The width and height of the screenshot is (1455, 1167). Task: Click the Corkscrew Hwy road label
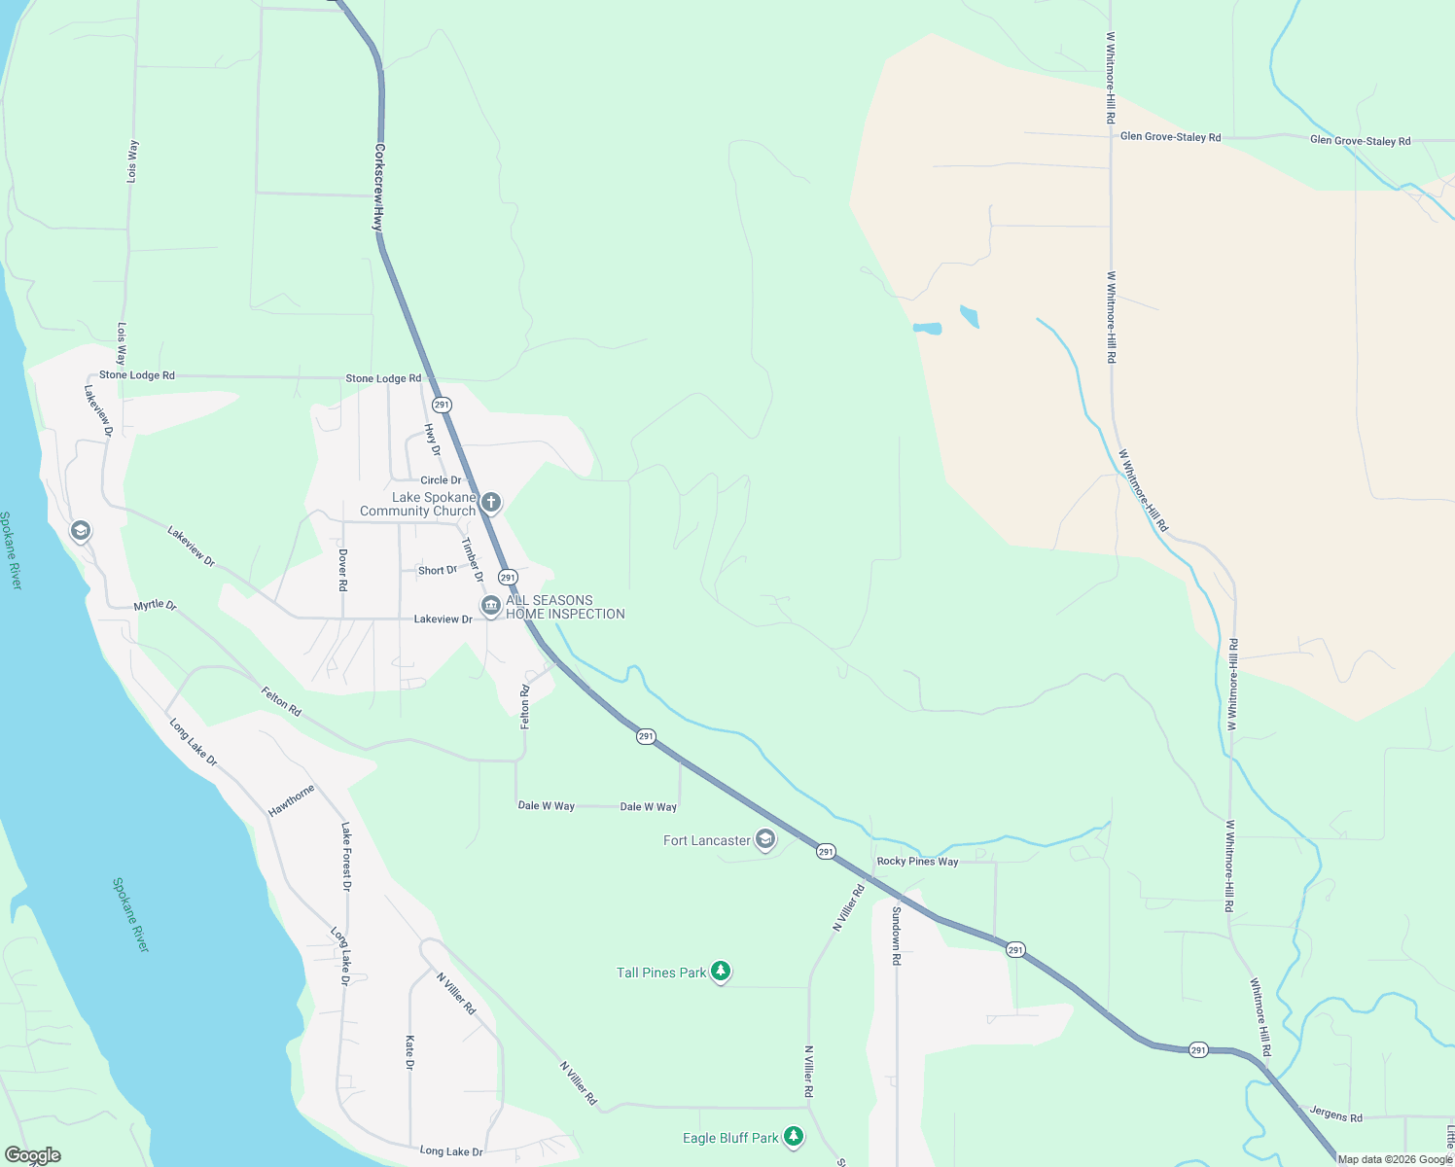(x=378, y=188)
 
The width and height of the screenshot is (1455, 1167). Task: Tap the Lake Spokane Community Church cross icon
(x=491, y=503)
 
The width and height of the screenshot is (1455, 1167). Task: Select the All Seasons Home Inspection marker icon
(x=491, y=606)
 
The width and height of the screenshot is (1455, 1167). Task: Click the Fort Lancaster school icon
(x=765, y=839)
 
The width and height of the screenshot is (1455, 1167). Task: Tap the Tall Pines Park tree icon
(x=721, y=971)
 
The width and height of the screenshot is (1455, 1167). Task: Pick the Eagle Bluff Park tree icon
(x=794, y=1136)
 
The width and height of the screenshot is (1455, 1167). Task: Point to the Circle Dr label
(x=441, y=480)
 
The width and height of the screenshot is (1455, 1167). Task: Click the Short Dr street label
(x=437, y=571)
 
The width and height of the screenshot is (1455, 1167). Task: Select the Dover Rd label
(x=342, y=570)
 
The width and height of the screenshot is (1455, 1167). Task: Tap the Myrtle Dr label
(x=155, y=605)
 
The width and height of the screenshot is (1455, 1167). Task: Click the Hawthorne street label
(x=292, y=800)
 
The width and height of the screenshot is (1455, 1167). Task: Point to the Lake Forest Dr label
(x=346, y=856)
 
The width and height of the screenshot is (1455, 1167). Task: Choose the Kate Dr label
(x=409, y=1052)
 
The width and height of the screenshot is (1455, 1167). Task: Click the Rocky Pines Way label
(x=917, y=862)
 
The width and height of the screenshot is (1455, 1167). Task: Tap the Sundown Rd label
(x=897, y=936)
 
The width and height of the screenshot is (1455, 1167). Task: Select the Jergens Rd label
(x=1335, y=1114)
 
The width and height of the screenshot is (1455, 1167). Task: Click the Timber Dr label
(x=472, y=559)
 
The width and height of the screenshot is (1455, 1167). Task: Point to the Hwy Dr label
(x=432, y=440)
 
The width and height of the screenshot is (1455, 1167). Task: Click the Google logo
(x=32, y=1155)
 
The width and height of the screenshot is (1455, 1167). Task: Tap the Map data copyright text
(x=1395, y=1159)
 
